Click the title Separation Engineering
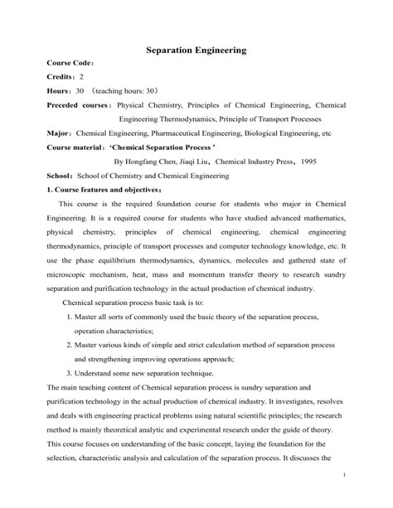pyautogui.click(x=196, y=51)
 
